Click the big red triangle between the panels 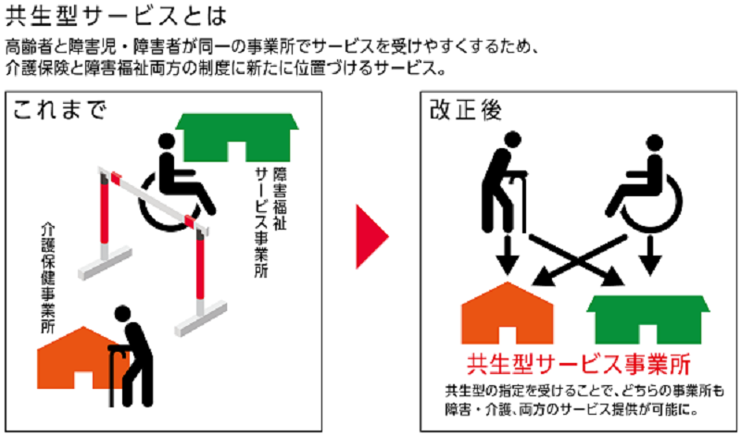371,238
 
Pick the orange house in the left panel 79,361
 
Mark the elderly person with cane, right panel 504,181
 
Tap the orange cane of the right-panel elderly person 524,199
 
